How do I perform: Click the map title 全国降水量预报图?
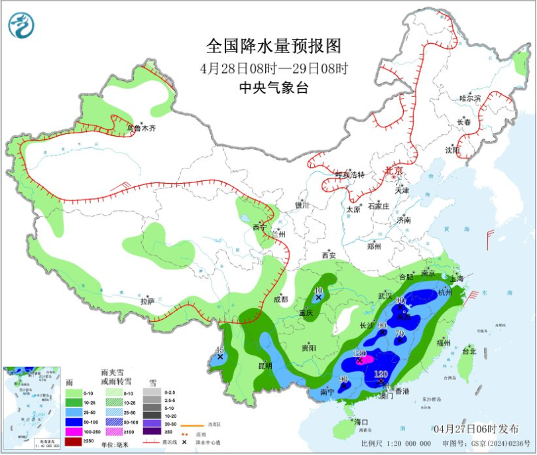(x=273, y=45)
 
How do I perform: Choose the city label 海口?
(x=361, y=422)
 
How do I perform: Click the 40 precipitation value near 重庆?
(x=318, y=291)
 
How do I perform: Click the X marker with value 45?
(x=220, y=357)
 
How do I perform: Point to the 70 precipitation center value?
(x=400, y=333)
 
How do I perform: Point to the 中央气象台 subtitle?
(x=274, y=88)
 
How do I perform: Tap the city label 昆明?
(x=265, y=365)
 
